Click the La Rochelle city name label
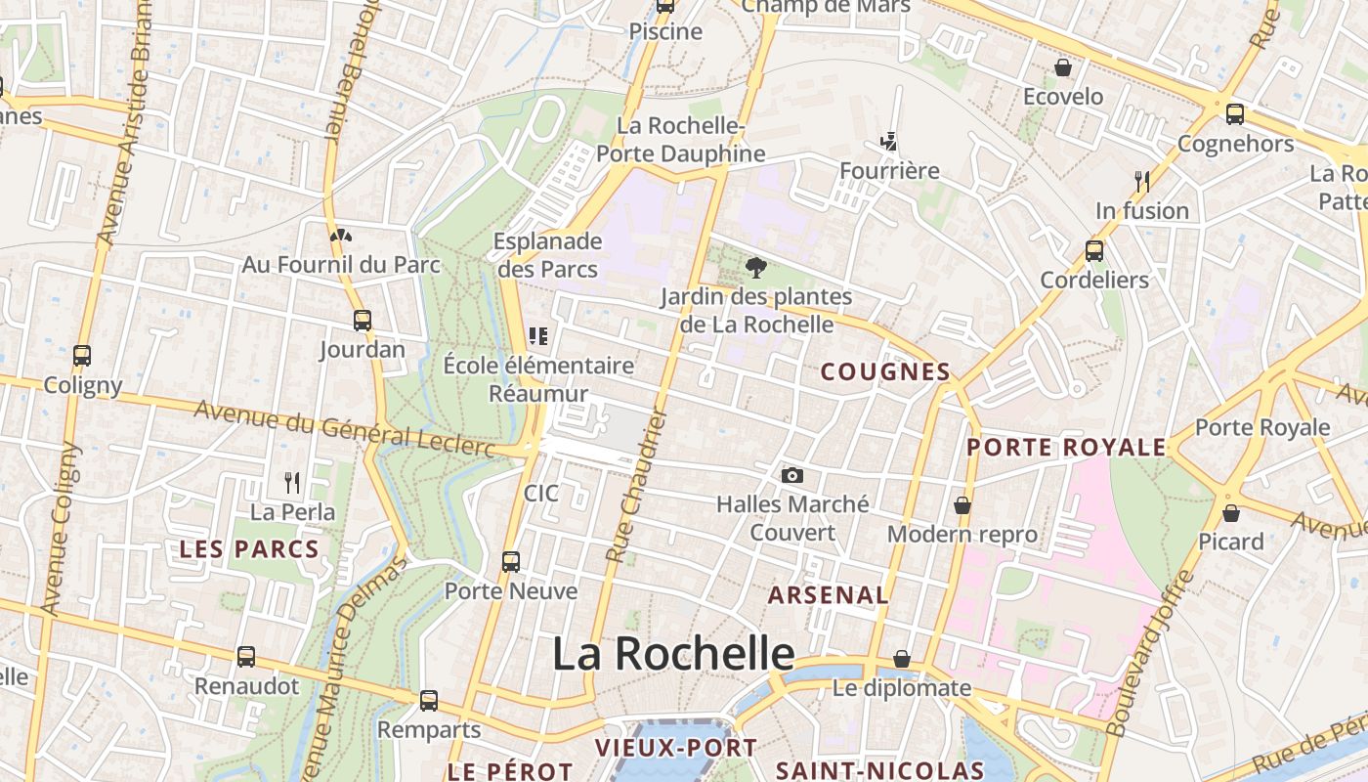coord(673,653)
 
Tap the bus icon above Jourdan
coord(363,320)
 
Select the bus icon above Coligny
coord(82,356)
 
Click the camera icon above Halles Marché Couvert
coord(792,476)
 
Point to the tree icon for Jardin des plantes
coord(755,267)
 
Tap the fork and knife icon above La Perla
coord(291,482)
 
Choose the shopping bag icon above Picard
coord(1231,512)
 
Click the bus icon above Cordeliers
coord(1094,251)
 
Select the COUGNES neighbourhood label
coord(885,371)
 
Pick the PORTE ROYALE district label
coord(1066,448)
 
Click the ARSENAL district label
coord(829,594)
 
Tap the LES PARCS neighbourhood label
coord(249,549)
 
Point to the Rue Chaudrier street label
coord(636,485)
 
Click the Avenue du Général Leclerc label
coord(345,426)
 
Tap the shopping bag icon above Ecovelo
coord(1062,67)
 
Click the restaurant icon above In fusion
coord(1141,181)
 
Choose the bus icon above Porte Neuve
coord(511,562)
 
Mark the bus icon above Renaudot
coord(246,657)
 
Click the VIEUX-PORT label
coord(676,748)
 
